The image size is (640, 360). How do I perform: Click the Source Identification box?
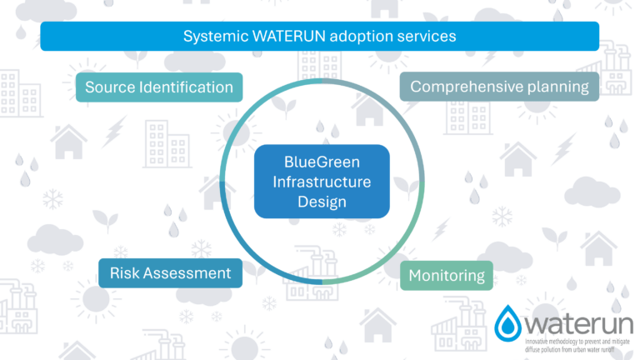(159, 87)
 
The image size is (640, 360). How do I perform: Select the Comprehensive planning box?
(499, 87)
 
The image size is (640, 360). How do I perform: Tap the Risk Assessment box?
(171, 272)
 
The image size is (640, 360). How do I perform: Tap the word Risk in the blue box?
(124, 272)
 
